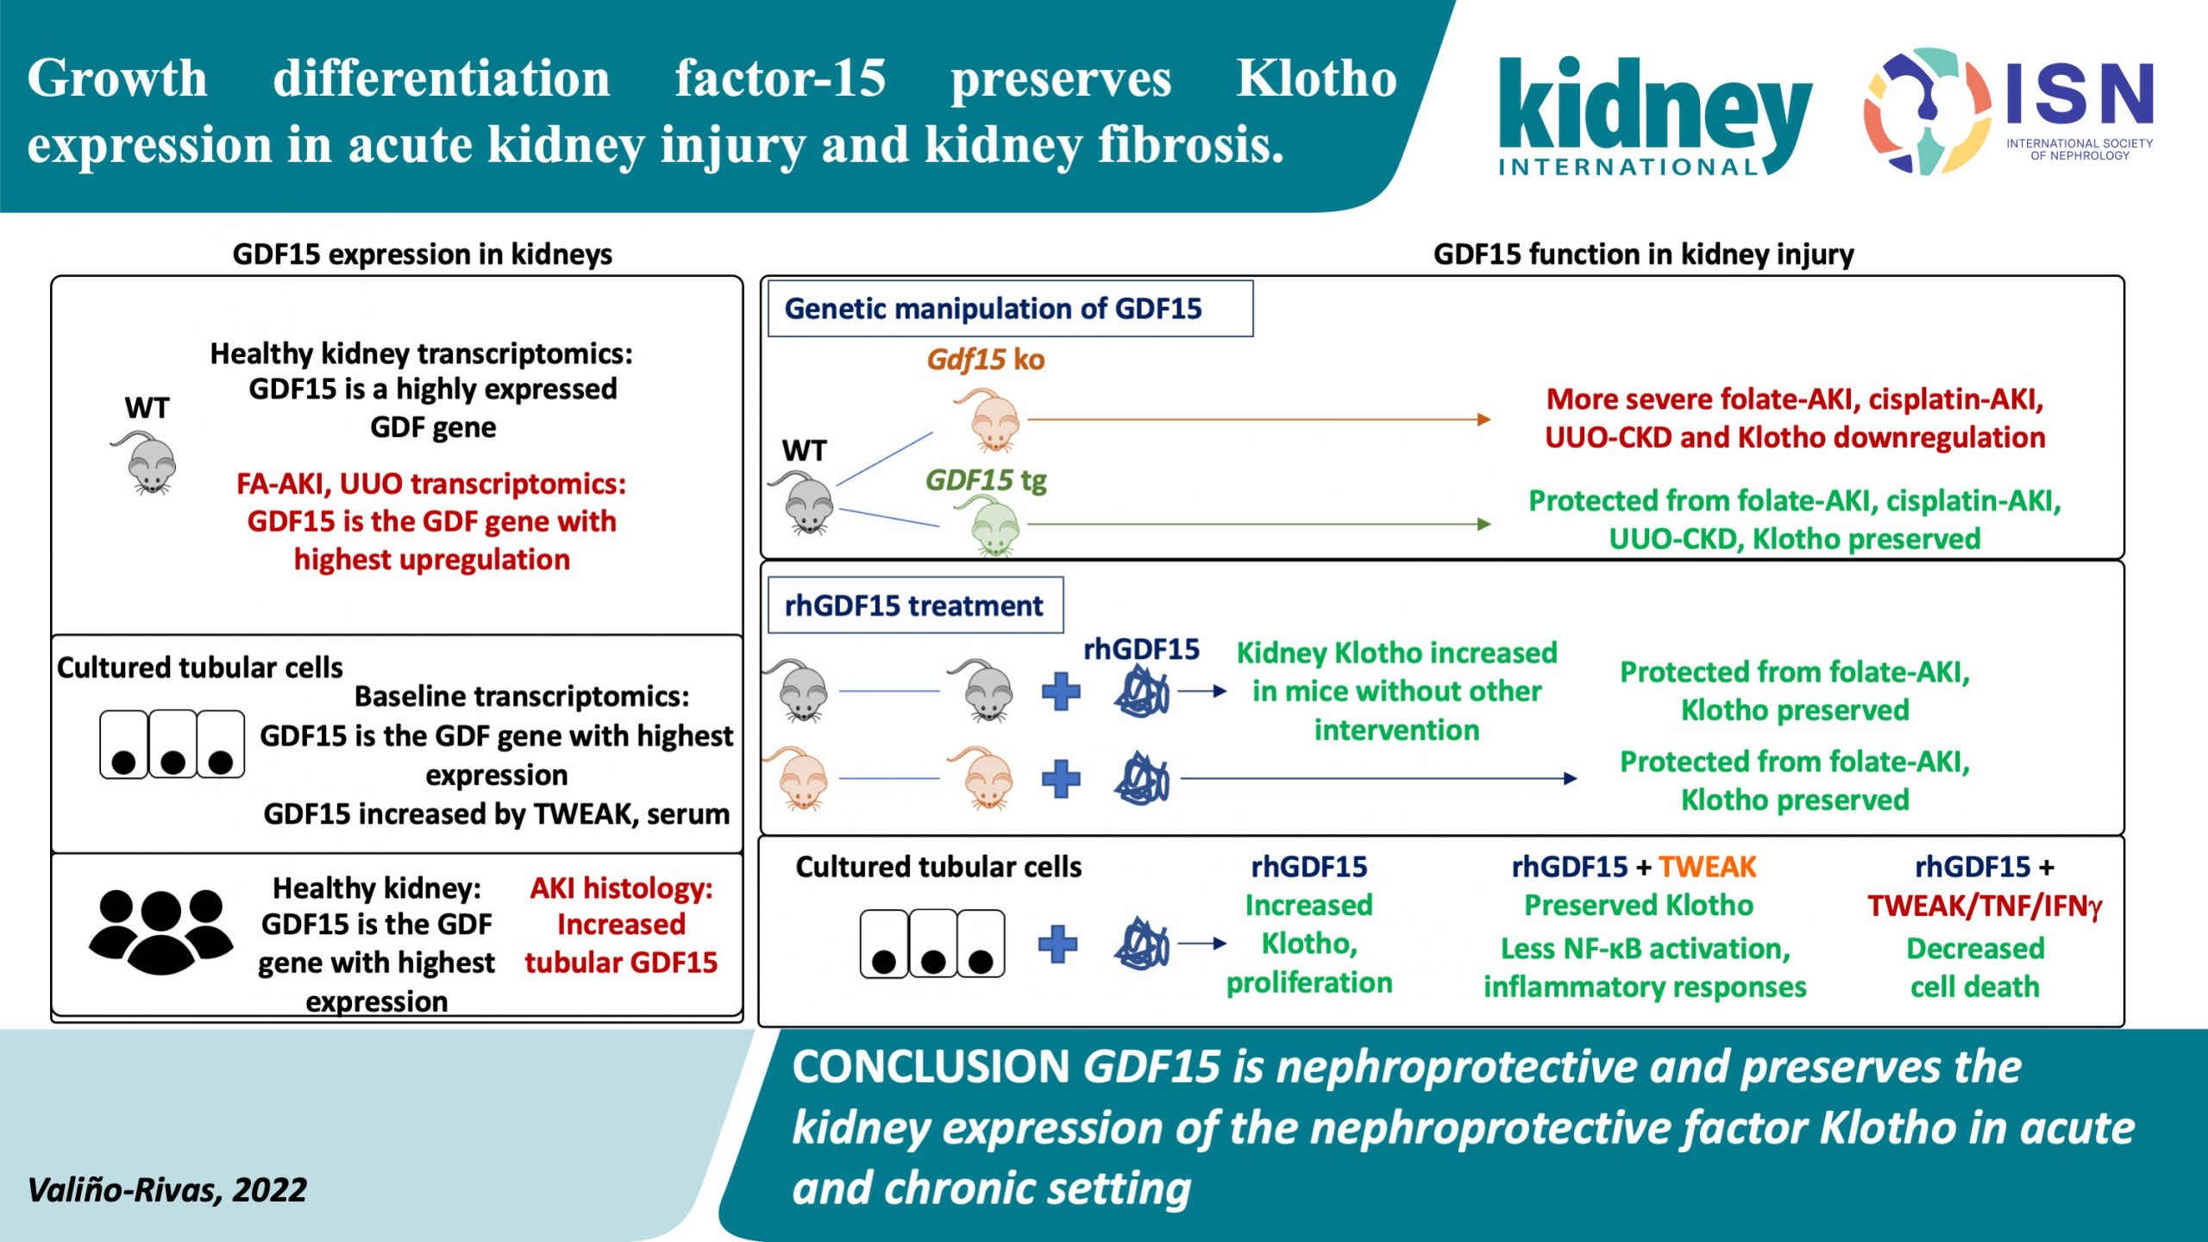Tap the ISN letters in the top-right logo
tap(2079, 93)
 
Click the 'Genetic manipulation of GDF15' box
tap(1009, 309)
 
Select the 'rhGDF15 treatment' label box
tap(914, 605)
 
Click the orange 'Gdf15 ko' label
tap(986, 360)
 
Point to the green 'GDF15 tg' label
tap(986, 480)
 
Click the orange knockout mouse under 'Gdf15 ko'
tap(989, 420)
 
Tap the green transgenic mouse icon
tap(992, 527)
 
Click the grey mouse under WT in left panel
tap(148, 463)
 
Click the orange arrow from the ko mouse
tap(1259, 420)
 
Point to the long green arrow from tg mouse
tap(1259, 524)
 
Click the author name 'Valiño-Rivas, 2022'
tap(167, 1190)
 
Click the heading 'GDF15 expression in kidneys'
tap(423, 254)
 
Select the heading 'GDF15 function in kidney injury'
tap(1643, 254)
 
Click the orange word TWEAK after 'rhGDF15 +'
tap(1707, 867)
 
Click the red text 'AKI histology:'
tap(621, 888)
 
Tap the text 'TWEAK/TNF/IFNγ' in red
tap(1985, 906)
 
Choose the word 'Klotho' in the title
tap(1316, 79)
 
